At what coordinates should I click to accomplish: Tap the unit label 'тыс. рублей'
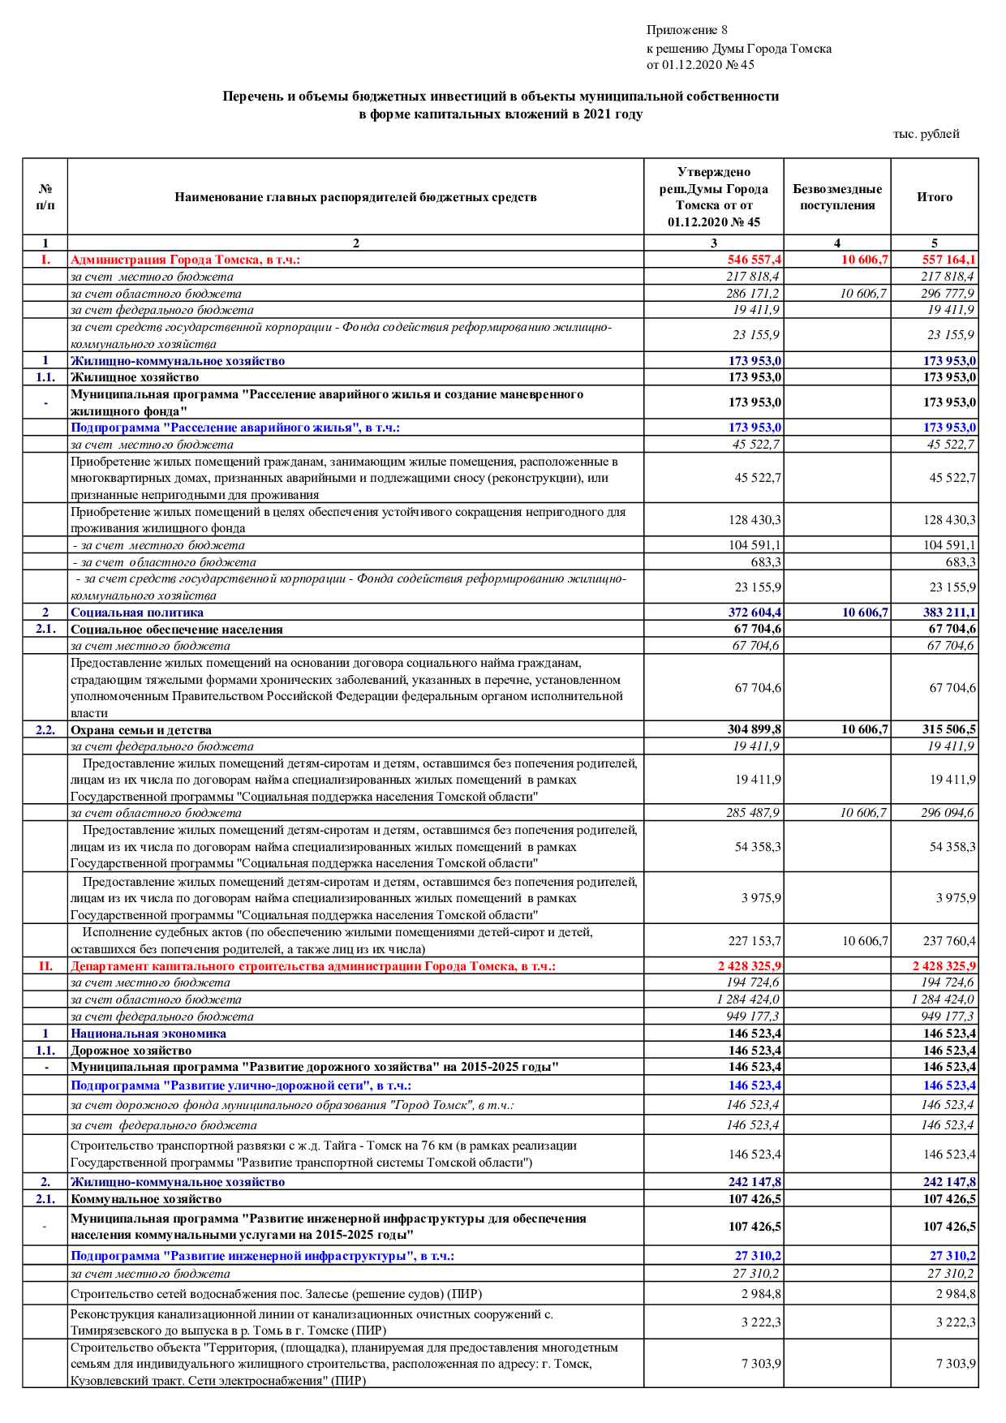pos(926,134)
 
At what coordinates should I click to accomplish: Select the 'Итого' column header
pos(934,196)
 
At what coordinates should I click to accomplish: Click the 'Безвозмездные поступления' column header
pos(836,197)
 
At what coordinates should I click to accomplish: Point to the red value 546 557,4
pos(754,260)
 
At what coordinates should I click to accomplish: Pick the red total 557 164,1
pos(948,260)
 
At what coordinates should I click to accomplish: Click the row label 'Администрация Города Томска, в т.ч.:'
pos(185,260)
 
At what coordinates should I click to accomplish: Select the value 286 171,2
pos(753,294)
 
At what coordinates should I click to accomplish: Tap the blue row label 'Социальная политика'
pos(137,613)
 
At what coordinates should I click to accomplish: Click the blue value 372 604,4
pos(754,613)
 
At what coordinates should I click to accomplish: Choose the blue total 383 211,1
pos(948,613)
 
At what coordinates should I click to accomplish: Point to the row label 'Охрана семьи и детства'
pos(141,730)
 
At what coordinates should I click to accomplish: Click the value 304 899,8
pos(754,729)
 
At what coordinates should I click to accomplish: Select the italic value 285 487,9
pos(753,813)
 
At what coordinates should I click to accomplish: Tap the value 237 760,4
pos(949,941)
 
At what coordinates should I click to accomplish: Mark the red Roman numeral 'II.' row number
pos(45,966)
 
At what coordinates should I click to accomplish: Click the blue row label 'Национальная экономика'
pos(148,1034)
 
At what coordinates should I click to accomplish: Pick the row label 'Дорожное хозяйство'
pos(131,1051)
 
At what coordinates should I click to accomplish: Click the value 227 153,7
pos(754,941)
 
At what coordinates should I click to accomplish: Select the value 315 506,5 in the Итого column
pos(948,729)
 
